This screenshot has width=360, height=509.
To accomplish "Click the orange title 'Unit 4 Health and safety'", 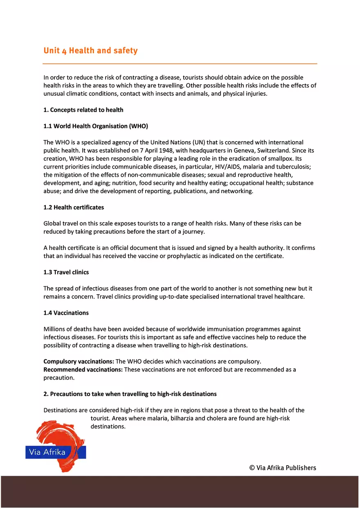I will [x=90, y=51].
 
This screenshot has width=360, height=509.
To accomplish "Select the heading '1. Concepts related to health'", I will [x=83, y=110].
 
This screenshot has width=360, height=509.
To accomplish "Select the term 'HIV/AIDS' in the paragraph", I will [x=232, y=167].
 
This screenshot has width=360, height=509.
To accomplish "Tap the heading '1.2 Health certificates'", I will [x=74, y=207].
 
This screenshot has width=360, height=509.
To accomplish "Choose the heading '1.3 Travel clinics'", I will [x=66, y=272].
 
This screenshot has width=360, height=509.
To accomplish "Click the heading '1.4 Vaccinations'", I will [x=66, y=313].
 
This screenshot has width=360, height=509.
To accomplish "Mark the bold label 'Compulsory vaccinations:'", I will [x=79, y=362].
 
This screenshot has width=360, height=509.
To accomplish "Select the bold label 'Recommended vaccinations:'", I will [x=83, y=369].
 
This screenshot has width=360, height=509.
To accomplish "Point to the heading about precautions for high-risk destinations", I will [x=130, y=394].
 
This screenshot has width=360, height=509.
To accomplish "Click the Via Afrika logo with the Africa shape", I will [x=56, y=447].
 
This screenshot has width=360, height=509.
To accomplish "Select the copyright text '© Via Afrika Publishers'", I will [x=283, y=468].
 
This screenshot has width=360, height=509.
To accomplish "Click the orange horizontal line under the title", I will [x=180, y=64].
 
